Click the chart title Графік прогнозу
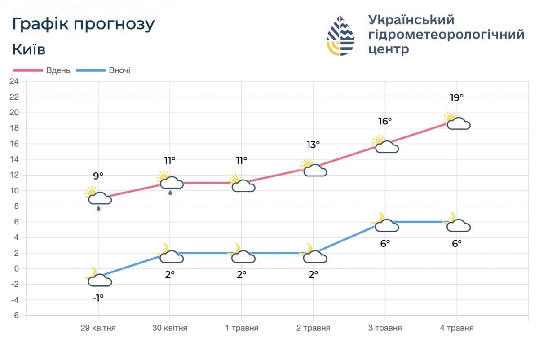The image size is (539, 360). click(84, 24)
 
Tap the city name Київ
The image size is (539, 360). click(29, 49)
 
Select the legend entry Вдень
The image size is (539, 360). click(58, 70)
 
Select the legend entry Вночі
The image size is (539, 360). click(119, 70)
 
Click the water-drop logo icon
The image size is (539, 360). click(340, 35)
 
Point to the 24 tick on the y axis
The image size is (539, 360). click(14, 81)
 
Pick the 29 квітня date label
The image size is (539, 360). click(98, 328)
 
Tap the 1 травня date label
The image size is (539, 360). click(242, 328)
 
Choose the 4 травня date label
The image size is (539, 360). click(457, 328)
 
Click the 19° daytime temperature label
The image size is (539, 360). click(456, 98)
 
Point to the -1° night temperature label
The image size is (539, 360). click(98, 297)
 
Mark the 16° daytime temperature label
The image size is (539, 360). click(385, 121)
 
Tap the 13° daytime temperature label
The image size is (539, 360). click(313, 145)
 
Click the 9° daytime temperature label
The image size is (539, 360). click(98, 176)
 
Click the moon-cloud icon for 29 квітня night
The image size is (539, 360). click(97, 277)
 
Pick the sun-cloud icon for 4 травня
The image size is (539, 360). click(456, 122)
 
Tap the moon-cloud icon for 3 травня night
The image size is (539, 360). click(385, 223)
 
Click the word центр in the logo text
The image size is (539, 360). click(389, 49)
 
